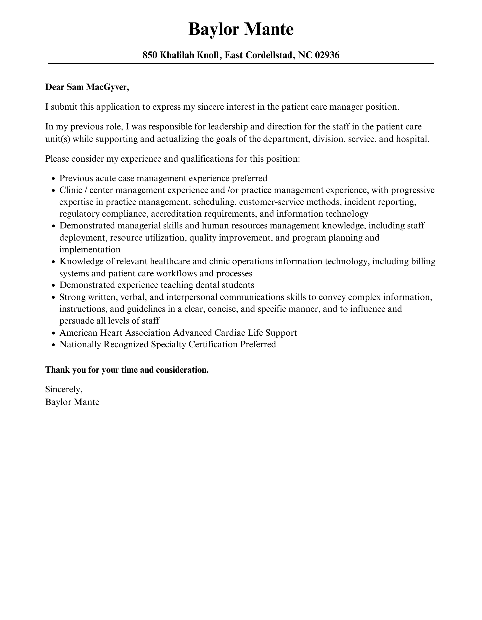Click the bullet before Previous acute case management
[53, 179]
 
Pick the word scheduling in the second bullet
[214, 202]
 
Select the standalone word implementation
[90, 249]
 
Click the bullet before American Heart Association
[53, 333]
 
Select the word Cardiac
[229, 333]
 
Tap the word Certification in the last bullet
[213, 345]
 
